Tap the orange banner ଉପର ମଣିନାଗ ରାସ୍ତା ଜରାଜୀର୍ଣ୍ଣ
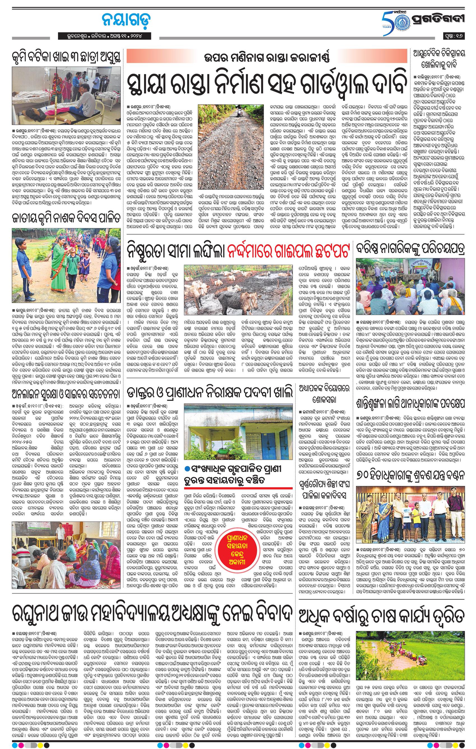[x=267, y=58]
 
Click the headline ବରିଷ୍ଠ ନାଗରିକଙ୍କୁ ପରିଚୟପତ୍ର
[x=410, y=249]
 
